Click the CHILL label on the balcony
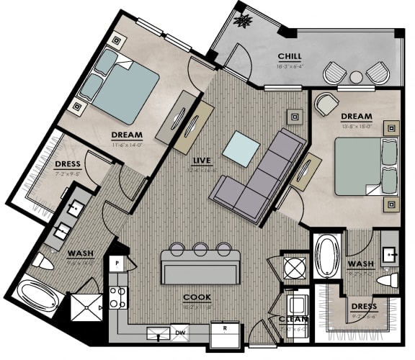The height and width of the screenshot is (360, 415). coord(290,57)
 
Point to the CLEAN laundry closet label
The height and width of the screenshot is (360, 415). coord(294,319)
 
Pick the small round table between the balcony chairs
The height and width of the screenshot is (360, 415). coord(356,76)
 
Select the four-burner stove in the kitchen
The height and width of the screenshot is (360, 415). coord(117,296)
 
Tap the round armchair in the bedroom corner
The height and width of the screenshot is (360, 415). coord(326,105)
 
